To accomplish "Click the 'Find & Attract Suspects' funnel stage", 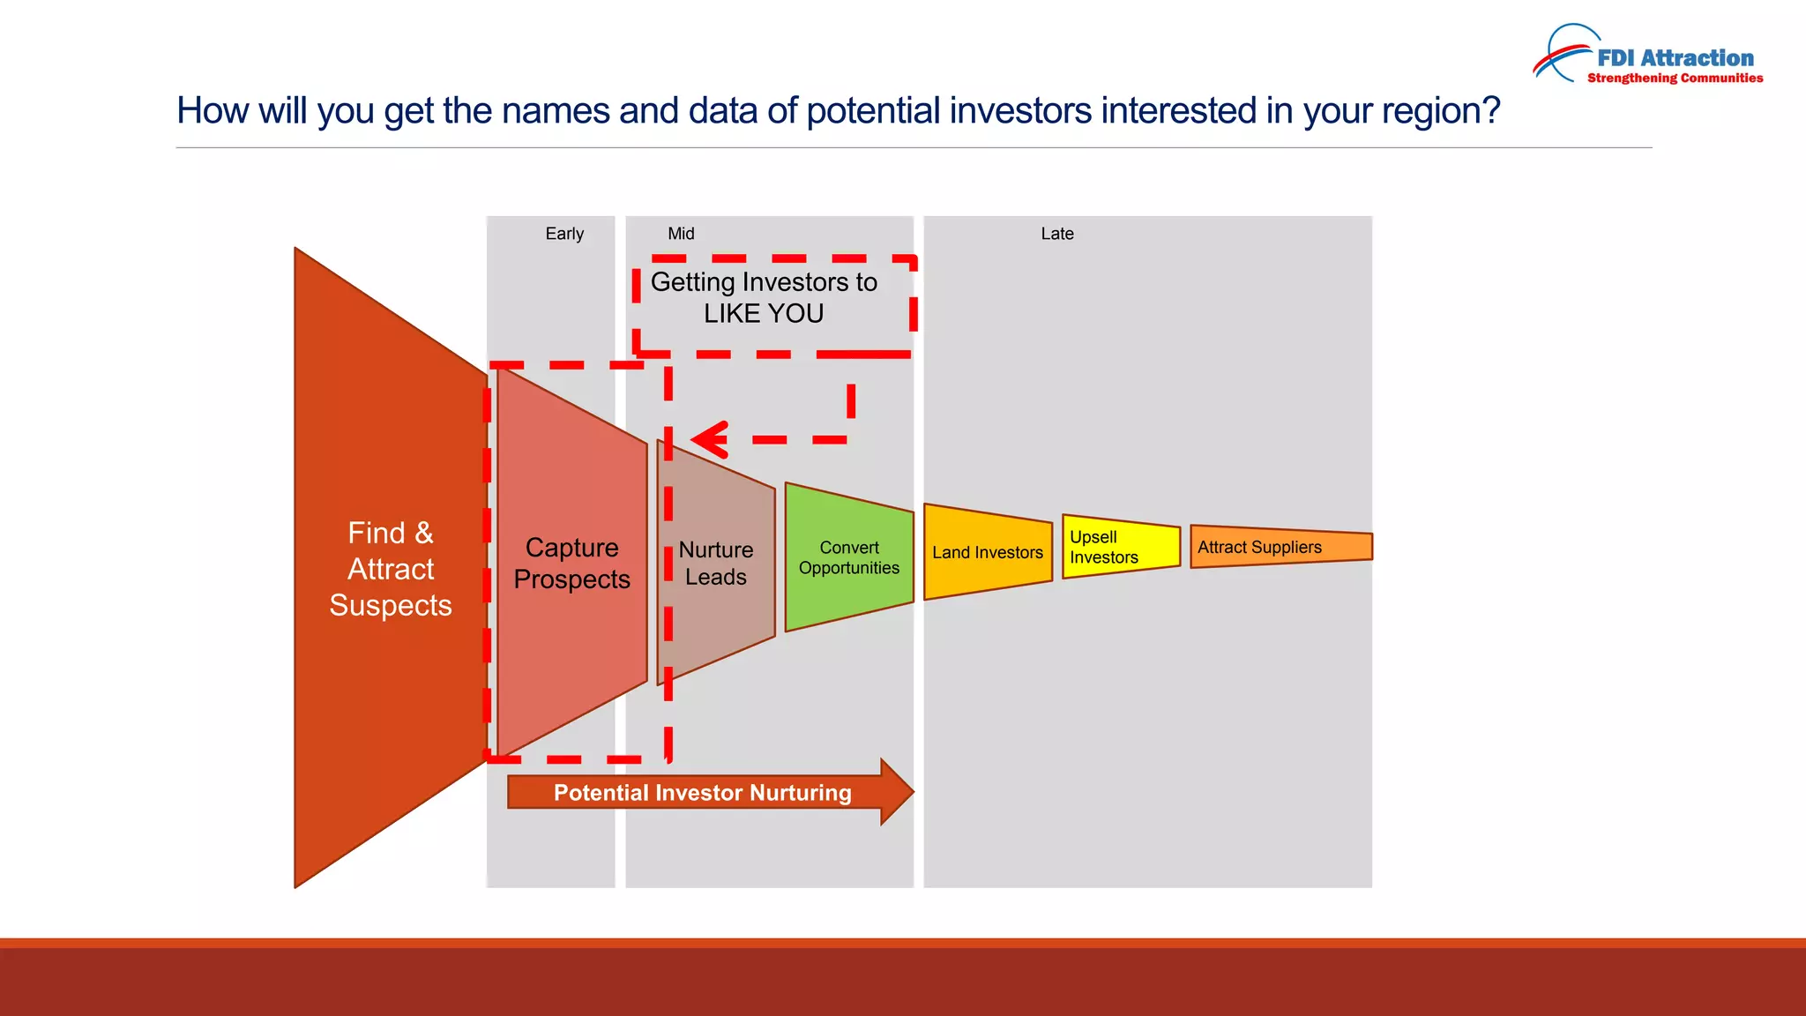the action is coord(391,568).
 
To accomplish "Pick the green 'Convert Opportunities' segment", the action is coord(849,557).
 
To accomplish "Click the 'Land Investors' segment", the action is coord(988,552).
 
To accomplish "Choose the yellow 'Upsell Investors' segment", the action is coord(1121,547).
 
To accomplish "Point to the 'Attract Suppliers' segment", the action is coord(1281,547).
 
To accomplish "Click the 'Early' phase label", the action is coord(564,234).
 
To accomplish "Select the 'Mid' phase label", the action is coord(681,234).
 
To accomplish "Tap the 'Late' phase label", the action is coord(1057,234).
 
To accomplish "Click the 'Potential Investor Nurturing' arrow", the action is coord(711,792).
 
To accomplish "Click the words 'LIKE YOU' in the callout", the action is coord(764,313).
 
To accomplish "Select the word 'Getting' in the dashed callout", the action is coord(692,283).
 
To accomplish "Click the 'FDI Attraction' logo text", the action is coord(1675,58).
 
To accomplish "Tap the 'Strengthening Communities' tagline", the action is coord(1675,78).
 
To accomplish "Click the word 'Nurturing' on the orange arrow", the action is coord(801,793).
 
